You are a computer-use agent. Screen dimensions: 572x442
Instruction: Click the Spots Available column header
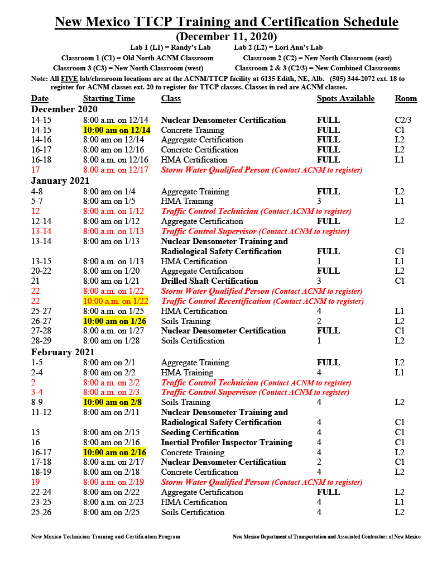[345, 99]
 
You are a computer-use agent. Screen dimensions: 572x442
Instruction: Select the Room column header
[406, 99]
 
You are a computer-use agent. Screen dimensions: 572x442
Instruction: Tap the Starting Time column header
[109, 99]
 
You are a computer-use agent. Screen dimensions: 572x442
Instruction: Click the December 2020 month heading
[64, 109]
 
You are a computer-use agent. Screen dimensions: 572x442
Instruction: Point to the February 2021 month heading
[63, 352]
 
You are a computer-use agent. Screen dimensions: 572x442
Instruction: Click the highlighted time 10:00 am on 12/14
[117, 130]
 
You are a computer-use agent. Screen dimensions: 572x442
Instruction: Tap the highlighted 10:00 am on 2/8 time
[112, 402]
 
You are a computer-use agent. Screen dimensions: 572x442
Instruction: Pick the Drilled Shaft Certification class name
[209, 281]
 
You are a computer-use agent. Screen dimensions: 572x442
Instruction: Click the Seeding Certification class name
[200, 432]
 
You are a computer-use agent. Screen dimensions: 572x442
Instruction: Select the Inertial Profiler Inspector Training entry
[227, 442]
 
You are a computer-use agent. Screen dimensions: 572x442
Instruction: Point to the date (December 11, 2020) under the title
[226, 36]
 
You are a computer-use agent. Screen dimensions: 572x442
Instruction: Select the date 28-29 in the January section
[42, 341]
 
